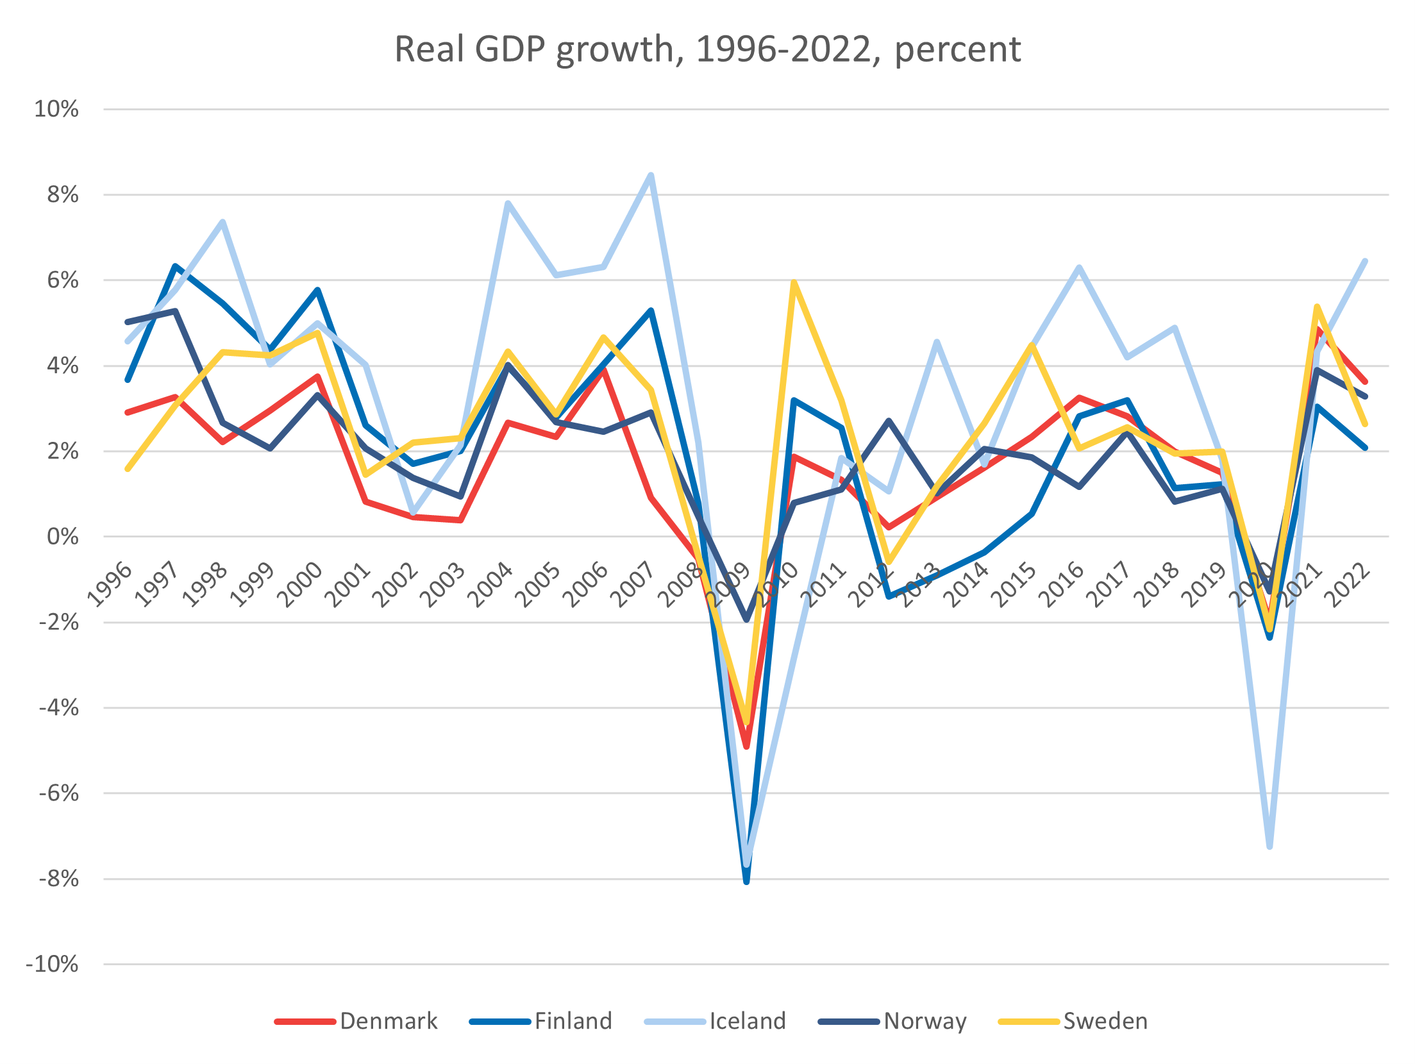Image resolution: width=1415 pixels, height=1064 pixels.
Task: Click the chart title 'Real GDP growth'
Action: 707,49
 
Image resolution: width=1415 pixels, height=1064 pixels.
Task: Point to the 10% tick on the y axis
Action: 56,109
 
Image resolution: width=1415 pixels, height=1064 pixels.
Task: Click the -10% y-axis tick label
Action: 52,964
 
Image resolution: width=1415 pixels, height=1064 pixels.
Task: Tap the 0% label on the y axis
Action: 62,537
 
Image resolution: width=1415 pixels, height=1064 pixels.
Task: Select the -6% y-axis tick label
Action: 58,793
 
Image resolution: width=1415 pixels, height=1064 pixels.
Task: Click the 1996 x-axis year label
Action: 110,584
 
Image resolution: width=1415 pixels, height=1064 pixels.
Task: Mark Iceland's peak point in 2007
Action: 651,174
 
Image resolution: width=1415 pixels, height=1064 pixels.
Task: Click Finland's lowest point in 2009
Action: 746,882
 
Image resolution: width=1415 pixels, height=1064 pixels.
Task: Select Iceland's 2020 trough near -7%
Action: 1269,847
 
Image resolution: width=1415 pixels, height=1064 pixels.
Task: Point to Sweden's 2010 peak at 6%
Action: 794,282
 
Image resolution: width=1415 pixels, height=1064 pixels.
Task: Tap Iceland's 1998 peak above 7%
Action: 222,222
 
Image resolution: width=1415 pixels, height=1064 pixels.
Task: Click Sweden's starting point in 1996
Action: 128,469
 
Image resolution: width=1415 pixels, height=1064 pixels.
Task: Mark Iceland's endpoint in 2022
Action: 1365,261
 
